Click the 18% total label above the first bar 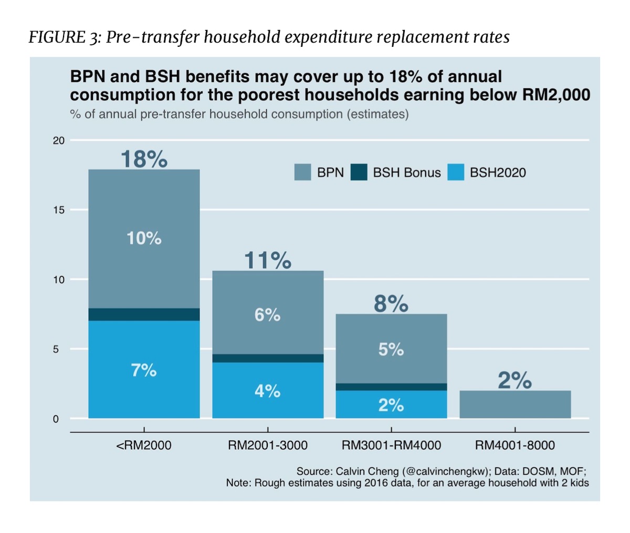[x=144, y=159]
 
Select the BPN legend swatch [x=303, y=172]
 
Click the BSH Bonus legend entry [x=397, y=172]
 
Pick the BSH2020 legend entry [x=487, y=172]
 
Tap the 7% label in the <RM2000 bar [x=144, y=371]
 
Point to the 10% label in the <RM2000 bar [x=144, y=239]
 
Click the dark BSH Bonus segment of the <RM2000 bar [x=144, y=314]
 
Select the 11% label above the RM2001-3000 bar [x=268, y=261]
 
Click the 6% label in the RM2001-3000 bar [x=268, y=315]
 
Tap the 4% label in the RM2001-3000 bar [x=268, y=391]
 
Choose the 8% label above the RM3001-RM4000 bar [x=391, y=304]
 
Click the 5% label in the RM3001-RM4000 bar [x=391, y=350]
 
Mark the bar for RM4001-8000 [x=515, y=404]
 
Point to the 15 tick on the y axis [x=59, y=210]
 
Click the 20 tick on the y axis [x=59, y=140]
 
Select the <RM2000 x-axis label [x=144, y=446]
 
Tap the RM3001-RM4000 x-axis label [x=391, y=446]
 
